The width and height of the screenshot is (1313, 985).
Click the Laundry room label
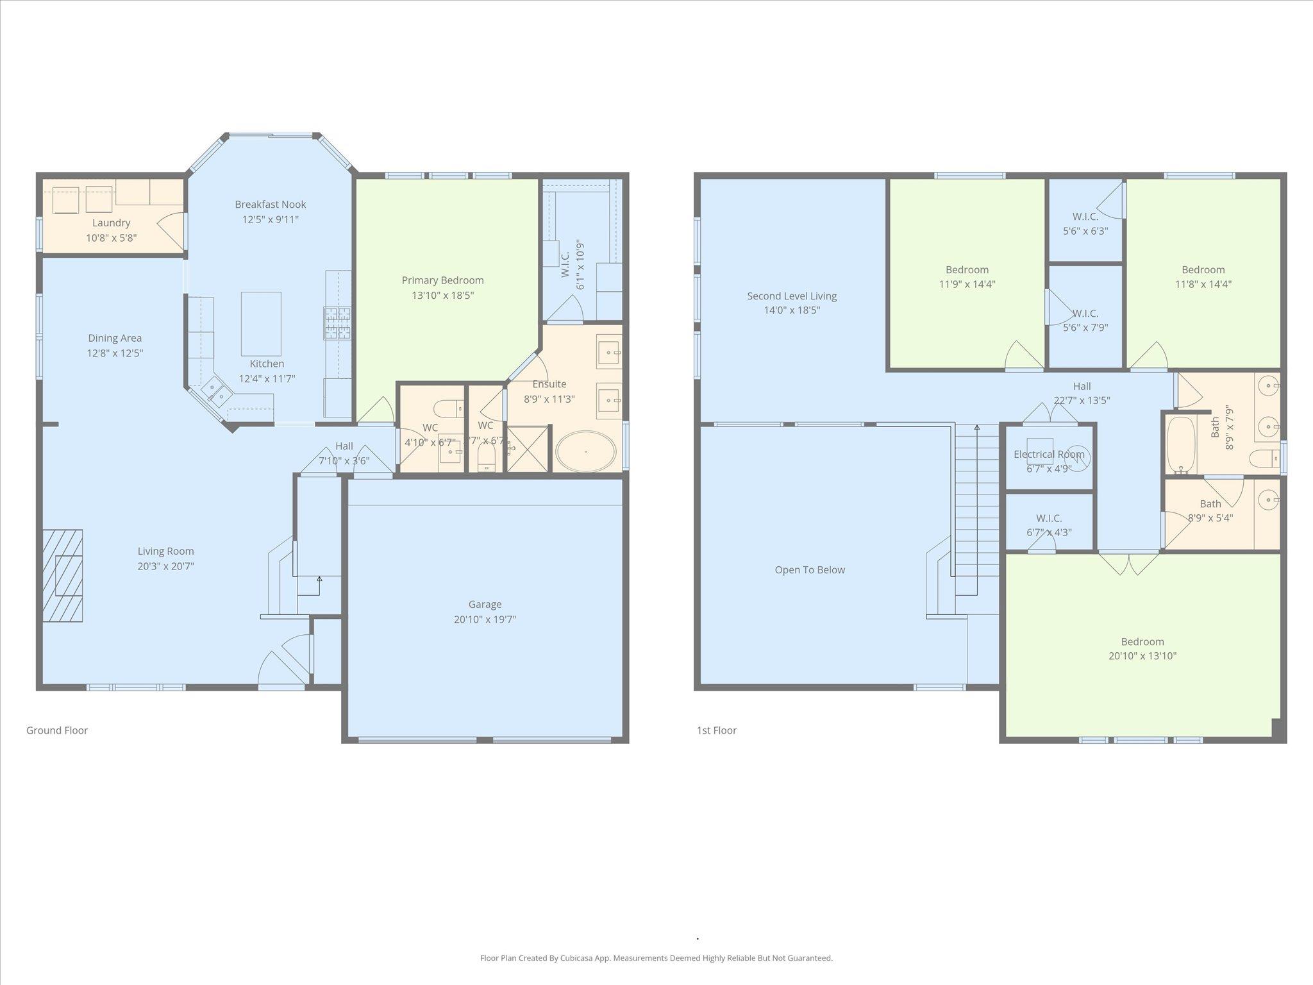click(x=111, y=223)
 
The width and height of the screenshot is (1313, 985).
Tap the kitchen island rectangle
click(x=261, y=323)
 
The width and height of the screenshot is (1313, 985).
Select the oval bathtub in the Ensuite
click(x=585, y=451)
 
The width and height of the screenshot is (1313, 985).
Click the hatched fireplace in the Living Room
click(x=63, y=575)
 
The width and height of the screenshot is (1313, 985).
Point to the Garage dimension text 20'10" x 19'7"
click(x=485, y=619)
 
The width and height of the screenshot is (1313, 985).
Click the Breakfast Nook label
click(x=270, y=205)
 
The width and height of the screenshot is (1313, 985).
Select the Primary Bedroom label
click(x=442, y=280)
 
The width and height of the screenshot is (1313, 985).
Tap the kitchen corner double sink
click(x=215, y=392)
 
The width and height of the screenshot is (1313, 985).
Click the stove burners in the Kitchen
click(x=338, y=323)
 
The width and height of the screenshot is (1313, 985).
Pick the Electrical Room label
click(x=1049, y=454)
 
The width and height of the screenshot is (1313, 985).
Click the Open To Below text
click(x=810, y=569)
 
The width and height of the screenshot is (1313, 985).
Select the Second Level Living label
click(x=792, y=296)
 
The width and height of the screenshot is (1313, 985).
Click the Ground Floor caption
click(x=57, y=730)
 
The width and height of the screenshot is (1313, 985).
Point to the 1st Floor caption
click(x=717, y=730)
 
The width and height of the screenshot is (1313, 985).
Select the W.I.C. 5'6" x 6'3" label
click(x=1085, y=217)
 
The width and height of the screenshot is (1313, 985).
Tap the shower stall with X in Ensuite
click(x=528, y=449)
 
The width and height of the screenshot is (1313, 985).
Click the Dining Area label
click(x=115, y=338)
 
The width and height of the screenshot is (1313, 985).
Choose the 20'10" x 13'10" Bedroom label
click(x=1142, y=641)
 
